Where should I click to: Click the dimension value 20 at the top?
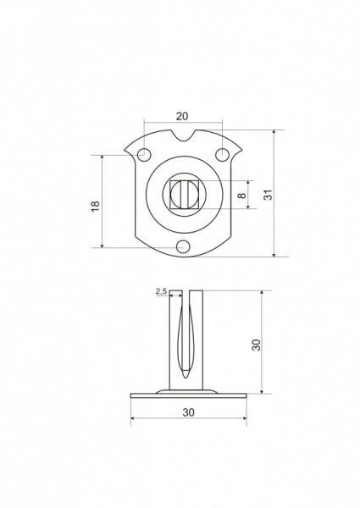[x=182, y=116]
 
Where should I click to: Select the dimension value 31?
[x=269, y=195]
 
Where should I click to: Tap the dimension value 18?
[x=95, y=207]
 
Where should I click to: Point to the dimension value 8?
[x=241, y=196]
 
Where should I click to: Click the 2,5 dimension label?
[x=161, y=291]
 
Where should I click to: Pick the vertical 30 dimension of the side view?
[x=256, y=345]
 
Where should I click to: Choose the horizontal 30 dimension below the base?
[x=189, y=412]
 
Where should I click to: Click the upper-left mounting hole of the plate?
[x=144, y=154]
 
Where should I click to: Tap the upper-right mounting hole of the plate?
[x=222, y=154]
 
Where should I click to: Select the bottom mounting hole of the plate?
[x=183, y=247]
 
